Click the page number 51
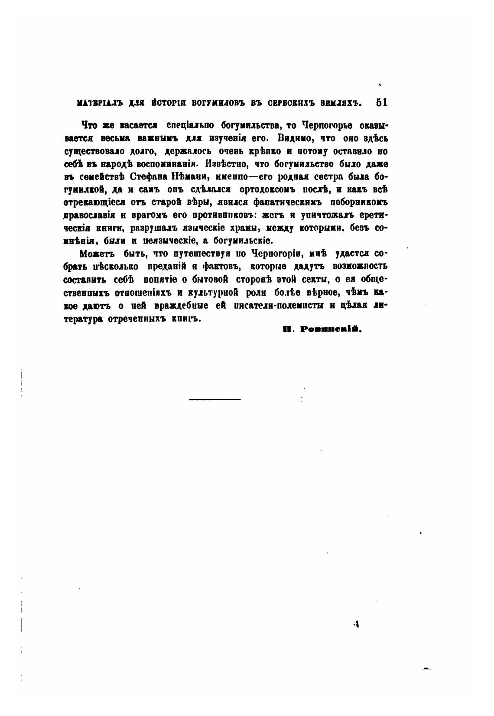pos(381,103)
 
